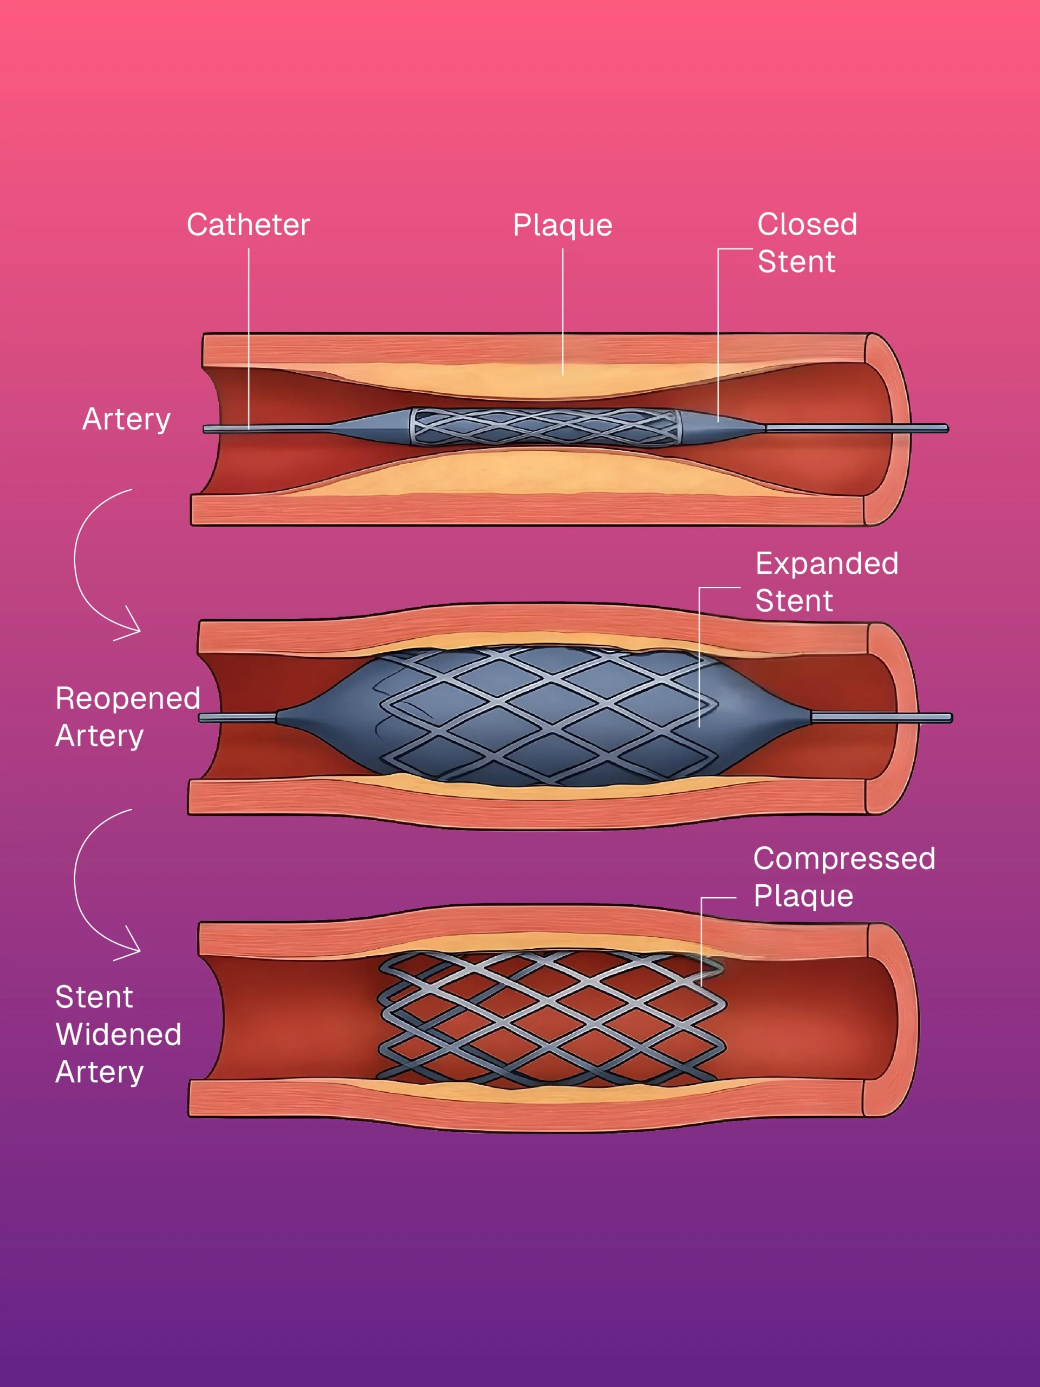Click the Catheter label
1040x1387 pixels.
[x=248, y=224]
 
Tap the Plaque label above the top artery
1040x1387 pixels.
[x=562, y=225]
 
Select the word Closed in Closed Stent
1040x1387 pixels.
[x=807, y=224]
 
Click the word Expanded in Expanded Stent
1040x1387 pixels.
[x=826, y=563]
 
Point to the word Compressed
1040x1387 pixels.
[x=844, y=858]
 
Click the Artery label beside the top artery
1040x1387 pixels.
[x=126, y=419]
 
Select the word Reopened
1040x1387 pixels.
[x=127, y=698]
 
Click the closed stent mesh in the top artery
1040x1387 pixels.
[x=545, y=427]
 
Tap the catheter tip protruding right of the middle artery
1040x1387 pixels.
[x=934, y=718]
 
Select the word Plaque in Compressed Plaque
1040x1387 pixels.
[x=803, y=896]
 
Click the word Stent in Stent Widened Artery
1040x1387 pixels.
[x=94, y=996]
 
